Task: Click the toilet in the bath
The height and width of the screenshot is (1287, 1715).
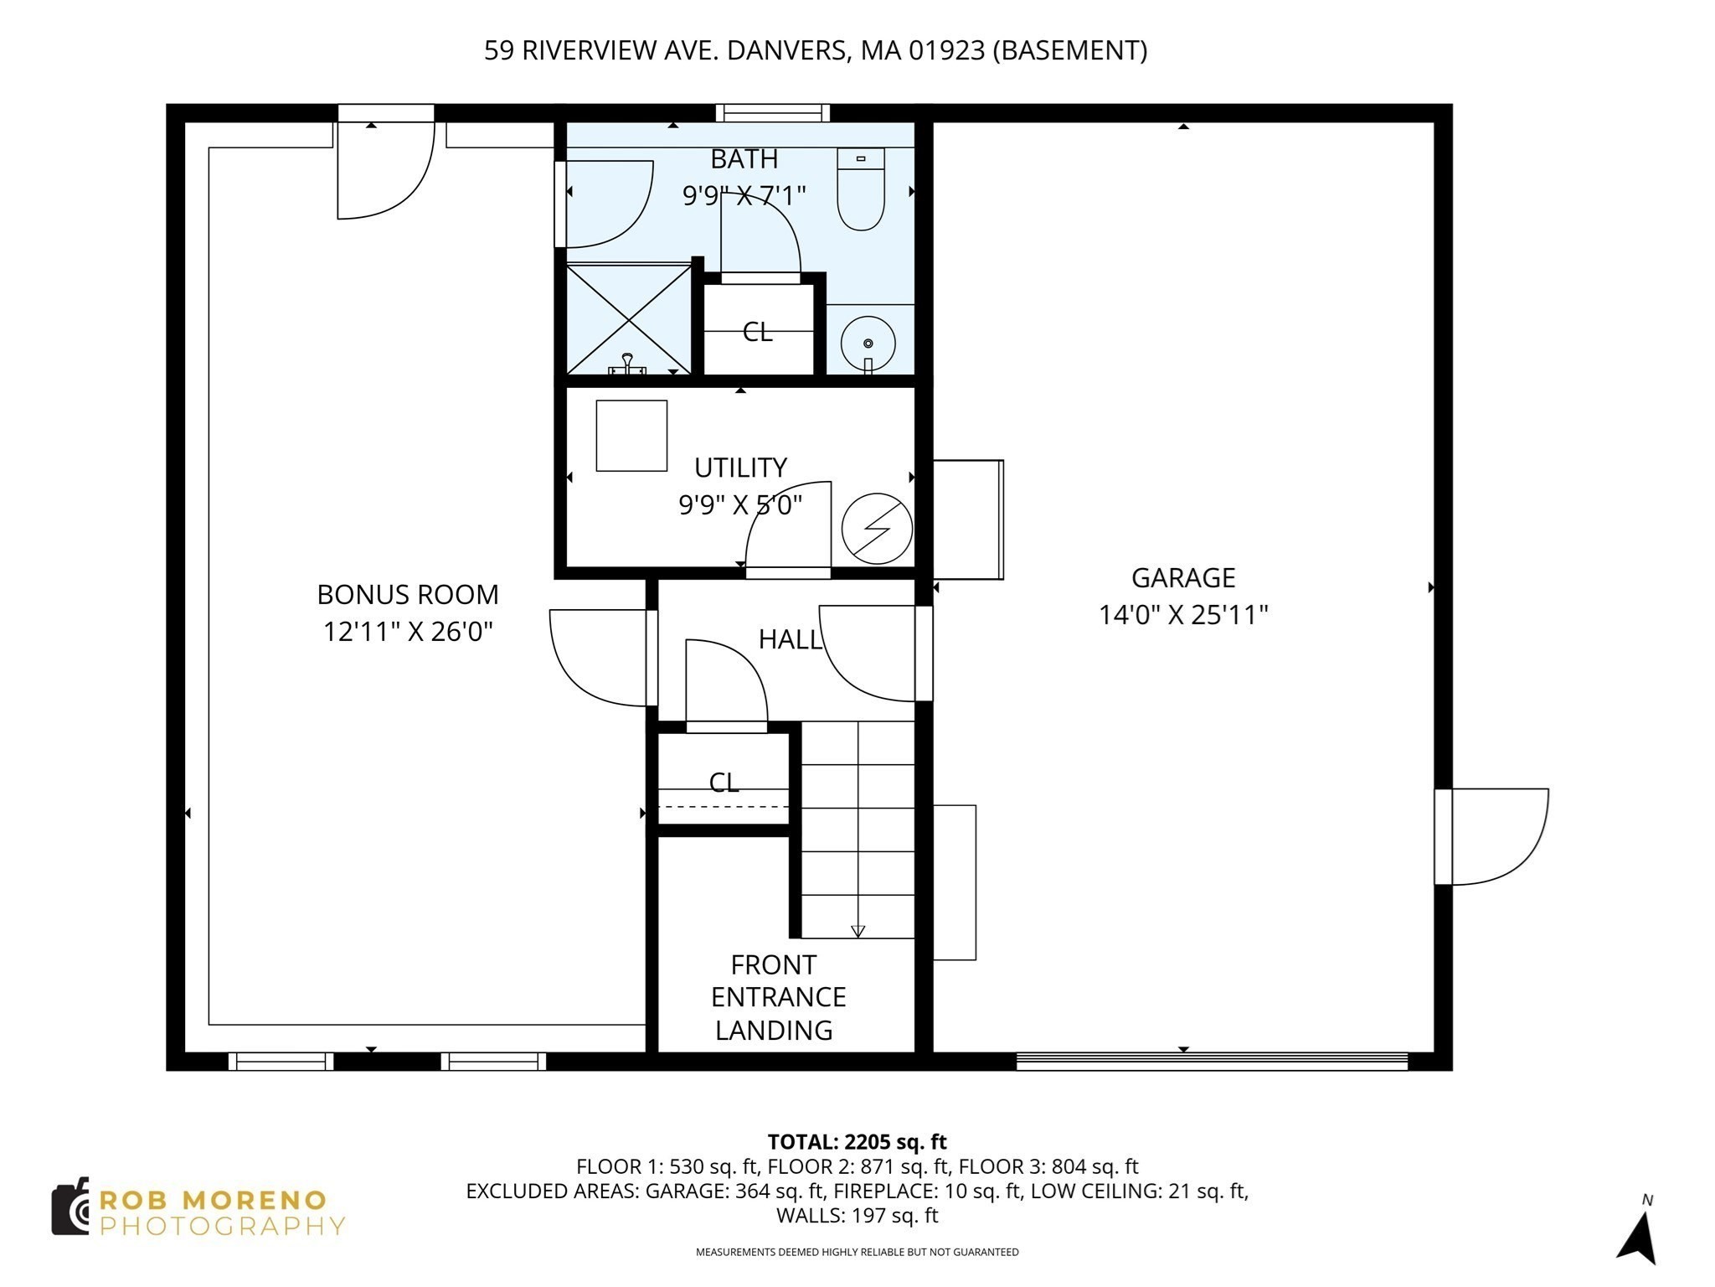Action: coord(861,191)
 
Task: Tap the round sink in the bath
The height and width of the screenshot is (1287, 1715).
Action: coord(868,344)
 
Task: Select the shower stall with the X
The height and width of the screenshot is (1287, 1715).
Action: coord(628,318)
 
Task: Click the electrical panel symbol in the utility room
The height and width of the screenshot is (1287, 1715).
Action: coord(877,528)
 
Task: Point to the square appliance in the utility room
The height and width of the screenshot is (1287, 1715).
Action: coord(631,436)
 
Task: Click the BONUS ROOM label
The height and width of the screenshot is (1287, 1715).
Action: coord(408,595)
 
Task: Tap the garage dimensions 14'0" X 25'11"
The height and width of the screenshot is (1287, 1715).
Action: coord(1182,616)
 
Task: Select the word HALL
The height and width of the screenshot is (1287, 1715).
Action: coord(790,640)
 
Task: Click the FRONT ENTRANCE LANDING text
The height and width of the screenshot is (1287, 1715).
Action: coord(777,997)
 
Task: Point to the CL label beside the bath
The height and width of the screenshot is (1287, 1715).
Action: coord(758,333)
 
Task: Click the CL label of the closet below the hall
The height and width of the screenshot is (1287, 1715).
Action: coord(724,783)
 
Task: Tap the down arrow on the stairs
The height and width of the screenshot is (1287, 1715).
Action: coord(857,931)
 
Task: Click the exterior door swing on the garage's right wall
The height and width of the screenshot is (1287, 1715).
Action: coord(1499,836)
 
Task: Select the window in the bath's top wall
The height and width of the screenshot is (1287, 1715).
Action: coord(772,113)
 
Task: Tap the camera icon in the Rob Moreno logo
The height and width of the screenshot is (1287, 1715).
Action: coord(70,1207)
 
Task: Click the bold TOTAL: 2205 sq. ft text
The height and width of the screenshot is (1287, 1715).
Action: coord(857,1142)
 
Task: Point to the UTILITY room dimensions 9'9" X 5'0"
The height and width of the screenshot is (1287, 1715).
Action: coord(740,505)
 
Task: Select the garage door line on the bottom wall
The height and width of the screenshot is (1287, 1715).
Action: coord(1212,1062)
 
